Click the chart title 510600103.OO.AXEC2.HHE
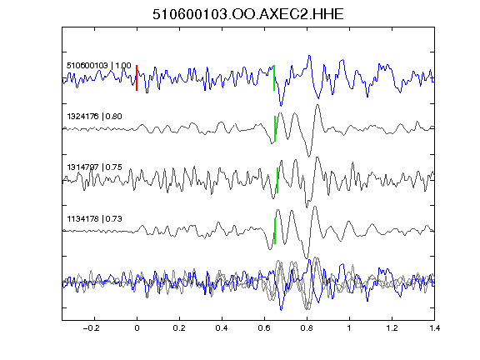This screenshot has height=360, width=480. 248,14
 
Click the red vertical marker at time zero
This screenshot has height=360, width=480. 137,77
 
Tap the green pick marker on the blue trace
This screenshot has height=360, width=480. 274,77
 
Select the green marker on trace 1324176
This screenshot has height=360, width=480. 275,128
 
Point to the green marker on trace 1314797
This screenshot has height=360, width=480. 277,180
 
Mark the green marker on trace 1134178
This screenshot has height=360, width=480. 275,231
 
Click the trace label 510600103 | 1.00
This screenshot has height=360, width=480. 99,66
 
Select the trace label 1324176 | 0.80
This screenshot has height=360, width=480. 95,117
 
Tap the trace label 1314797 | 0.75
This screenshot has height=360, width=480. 95,167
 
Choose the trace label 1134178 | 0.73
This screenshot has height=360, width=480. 95,219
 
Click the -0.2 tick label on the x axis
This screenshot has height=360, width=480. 92,328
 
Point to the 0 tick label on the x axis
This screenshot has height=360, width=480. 137,328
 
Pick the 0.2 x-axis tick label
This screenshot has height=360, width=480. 179,328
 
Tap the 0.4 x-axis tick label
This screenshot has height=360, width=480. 222,328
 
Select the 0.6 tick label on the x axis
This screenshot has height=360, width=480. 264,328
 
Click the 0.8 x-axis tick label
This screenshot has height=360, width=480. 307,328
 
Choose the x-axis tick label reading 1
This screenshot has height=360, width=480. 349,328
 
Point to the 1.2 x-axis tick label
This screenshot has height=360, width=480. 392,328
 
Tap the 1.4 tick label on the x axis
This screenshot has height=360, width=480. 435,328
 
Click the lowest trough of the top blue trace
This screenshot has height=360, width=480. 282,106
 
